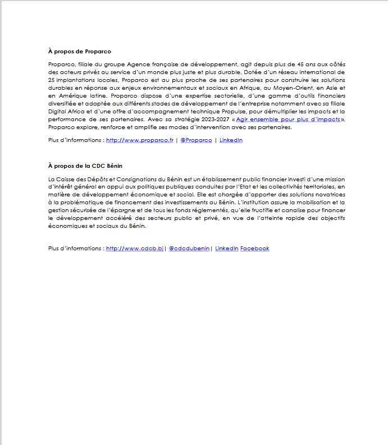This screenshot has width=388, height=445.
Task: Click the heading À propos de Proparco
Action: [x=79, y=52]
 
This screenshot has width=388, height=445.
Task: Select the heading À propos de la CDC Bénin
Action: [x=85, y=166]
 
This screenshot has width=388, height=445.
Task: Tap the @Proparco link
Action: [x=196, y=140]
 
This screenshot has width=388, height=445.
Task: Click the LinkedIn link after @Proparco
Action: [x=231, y=140]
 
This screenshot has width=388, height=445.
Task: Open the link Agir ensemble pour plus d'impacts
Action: [x=287, y=120]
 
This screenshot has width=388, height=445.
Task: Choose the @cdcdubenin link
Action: [x=189, y=249]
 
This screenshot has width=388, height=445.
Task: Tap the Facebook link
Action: [x=255, y=249]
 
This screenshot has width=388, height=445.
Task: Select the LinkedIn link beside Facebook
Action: [x=226, y=249]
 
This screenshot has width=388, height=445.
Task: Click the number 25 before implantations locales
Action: [x=52, y=79]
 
